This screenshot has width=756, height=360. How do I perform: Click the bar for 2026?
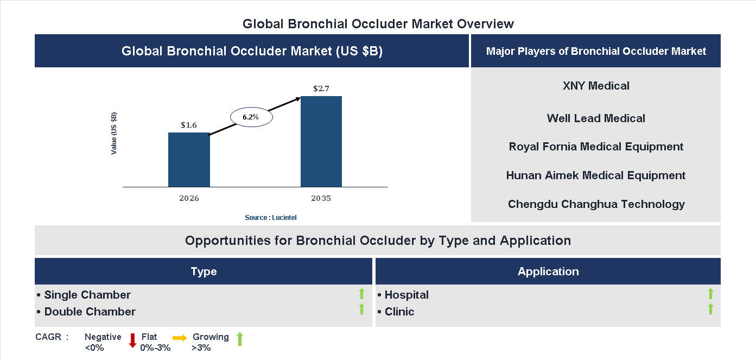pos(189,160)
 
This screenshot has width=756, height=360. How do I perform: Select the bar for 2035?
pos(321,142)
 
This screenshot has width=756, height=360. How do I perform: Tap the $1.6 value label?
pos(189,125)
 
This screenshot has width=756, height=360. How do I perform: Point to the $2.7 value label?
pos(321,88)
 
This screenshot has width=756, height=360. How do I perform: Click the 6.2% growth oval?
pos(251,117)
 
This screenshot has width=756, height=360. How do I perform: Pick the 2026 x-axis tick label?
pos(189,198)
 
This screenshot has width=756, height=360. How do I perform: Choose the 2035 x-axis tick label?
pos(321,198)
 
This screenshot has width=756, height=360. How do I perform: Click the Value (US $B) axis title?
pos(114,133)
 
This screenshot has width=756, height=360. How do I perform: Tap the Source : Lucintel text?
pos(271,217)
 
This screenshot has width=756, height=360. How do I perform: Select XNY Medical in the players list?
pos(596,86)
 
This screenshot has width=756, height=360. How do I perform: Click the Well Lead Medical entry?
pos(596,118)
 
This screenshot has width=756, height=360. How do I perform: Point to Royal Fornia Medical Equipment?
pos(596,147)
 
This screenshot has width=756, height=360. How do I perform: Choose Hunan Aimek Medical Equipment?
pos(596,175)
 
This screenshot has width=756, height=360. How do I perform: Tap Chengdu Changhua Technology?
pos(596,204)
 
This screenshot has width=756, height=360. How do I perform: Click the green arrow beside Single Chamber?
pos(361,294)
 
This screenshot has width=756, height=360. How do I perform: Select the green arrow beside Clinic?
pos(710,310)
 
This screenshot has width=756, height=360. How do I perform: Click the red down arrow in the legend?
pos(132,340)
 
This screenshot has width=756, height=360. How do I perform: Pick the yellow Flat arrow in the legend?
pos(180,338)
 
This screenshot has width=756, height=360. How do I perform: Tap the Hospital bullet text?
pos(406,295)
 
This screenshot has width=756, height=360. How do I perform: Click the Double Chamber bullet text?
pos(90,312)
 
